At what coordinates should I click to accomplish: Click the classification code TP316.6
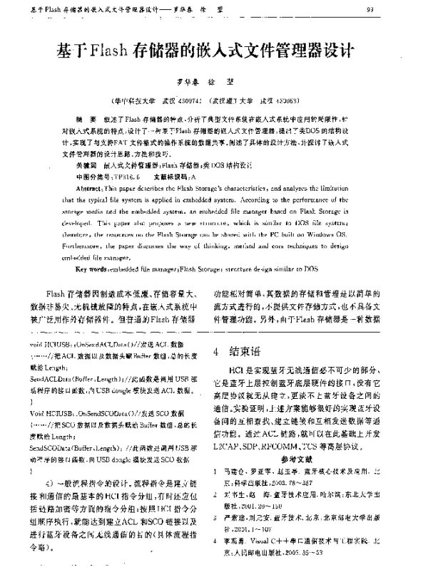pyautogui.click(x=123, y=173)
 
